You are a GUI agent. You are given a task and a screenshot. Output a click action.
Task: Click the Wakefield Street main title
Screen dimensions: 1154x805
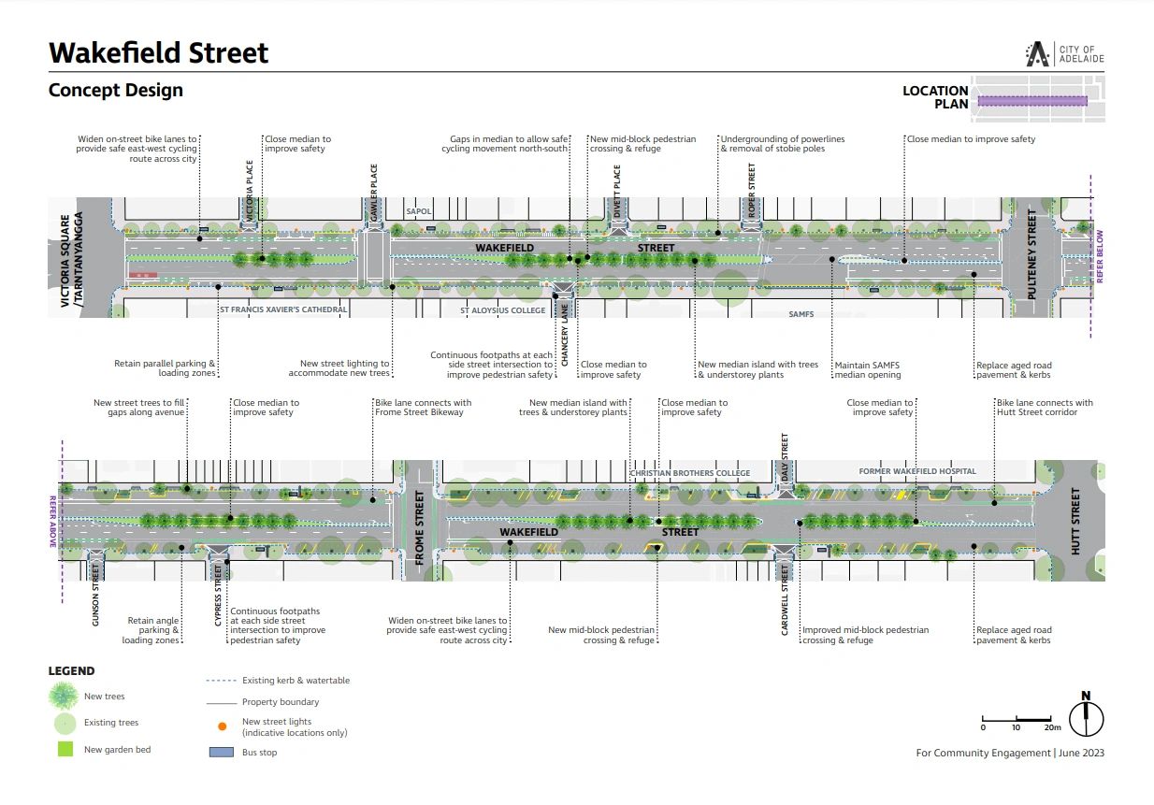(158, 52)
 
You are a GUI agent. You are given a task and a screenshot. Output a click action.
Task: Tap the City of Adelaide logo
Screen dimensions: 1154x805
(1064, 54)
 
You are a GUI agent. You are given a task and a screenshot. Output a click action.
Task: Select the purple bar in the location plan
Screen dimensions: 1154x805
(1032, 101)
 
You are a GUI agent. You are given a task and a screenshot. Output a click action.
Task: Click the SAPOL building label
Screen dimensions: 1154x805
(418, 211)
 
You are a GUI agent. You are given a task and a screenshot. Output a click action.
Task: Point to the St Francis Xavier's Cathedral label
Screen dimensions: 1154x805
(283, 309)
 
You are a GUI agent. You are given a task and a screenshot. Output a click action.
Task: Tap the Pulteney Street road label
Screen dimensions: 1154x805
(1031, 254)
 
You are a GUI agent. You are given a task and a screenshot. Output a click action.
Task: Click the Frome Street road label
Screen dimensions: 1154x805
(419, 527)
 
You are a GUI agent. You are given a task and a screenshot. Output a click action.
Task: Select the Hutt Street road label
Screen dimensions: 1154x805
(1075, 521)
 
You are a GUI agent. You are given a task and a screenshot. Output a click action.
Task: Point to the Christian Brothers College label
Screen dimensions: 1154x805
(690, 473)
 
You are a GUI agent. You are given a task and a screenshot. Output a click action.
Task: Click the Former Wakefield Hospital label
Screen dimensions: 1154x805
(917, 471)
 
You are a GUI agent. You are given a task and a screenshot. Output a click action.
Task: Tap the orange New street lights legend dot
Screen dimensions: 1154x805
(222, 726)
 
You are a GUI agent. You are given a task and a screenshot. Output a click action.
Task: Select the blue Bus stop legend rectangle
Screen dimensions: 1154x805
(222, 752)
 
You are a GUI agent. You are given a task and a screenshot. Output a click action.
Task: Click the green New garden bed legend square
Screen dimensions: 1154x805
(65, 749)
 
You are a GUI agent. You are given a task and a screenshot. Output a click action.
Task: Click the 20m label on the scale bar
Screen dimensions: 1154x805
(1052, 727)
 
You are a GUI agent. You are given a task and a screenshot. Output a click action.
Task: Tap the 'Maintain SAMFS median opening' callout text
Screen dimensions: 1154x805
(868, 370)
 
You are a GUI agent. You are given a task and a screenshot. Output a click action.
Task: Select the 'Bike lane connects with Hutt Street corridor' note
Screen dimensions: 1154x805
(1045, 408)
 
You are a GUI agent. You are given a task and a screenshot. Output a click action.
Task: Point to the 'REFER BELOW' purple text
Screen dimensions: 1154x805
(1100, 256)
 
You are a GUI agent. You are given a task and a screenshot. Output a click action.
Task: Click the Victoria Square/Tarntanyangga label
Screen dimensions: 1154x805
(72, 260)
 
